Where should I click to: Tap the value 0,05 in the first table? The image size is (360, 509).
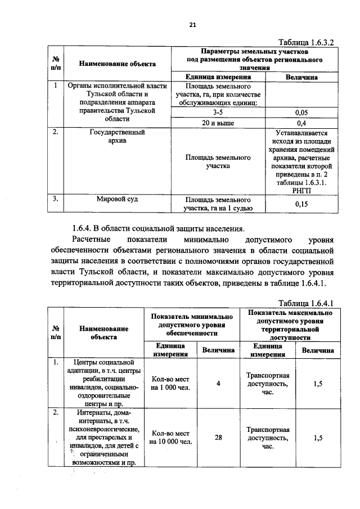coord(301,112)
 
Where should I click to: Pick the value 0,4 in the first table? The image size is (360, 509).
coord(301,123)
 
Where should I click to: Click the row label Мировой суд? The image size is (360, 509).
coord(118,199)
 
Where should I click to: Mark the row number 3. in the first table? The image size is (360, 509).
coord(56,199)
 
